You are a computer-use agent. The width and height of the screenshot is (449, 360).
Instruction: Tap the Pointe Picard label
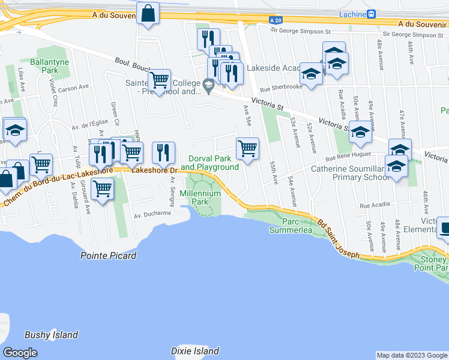tap(108, 256)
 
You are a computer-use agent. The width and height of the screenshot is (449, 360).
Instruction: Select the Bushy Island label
tap(51, 335)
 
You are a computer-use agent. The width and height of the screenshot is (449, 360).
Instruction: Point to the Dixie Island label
tap(194, 351)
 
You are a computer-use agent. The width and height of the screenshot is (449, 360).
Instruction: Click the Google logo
tap(20, 352)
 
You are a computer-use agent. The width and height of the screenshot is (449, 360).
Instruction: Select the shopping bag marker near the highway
tap(148, 13)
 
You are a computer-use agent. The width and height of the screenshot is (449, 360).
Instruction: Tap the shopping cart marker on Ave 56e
tap(247, 148)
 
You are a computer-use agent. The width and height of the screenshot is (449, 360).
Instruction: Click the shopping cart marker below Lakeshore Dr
tap(103, 189)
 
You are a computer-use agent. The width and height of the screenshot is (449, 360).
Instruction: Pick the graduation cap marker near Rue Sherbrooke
tap(311, 74)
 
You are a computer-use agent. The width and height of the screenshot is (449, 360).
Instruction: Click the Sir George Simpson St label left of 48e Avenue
tap(301, 30)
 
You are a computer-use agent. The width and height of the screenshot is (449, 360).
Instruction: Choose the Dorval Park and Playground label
tap(209, 163)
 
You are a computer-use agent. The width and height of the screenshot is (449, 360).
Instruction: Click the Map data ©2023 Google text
tap(411, 355)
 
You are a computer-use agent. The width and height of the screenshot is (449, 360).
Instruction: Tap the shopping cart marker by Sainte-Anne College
tap(159, 80)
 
